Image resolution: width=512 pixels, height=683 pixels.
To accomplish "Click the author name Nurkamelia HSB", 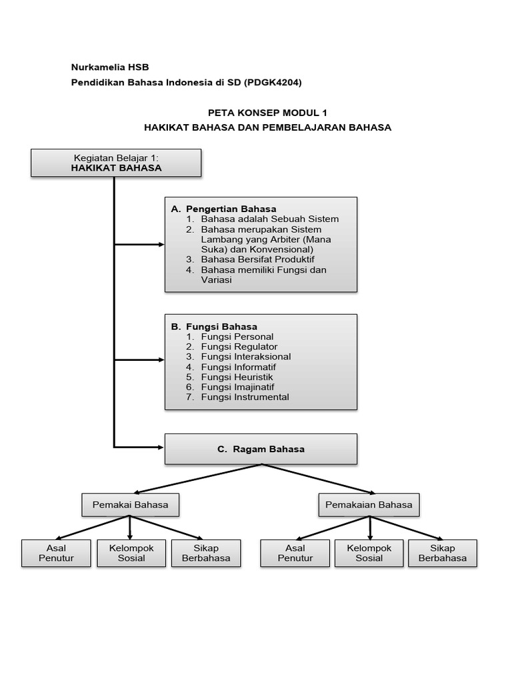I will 110,67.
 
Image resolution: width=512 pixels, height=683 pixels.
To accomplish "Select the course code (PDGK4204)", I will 273,82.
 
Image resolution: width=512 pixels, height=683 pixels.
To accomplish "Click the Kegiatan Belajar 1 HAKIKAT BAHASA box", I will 117,163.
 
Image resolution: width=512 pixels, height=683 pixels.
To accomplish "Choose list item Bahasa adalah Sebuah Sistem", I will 270,219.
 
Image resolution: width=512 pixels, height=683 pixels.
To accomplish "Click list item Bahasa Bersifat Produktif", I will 258,259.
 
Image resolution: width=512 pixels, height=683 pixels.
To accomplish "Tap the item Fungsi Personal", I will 237,337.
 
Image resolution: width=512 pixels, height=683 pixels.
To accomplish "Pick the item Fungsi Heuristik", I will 237,377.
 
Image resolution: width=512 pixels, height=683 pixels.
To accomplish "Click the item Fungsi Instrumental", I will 245,397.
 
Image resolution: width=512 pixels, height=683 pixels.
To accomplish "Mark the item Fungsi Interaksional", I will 246,357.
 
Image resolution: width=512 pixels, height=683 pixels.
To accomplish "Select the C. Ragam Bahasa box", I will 261,449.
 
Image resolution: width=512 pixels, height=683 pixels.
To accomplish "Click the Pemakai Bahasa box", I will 130,505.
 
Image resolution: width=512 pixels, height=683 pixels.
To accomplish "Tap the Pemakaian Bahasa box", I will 369,505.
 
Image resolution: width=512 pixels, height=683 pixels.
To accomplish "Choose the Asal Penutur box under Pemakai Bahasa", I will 56,553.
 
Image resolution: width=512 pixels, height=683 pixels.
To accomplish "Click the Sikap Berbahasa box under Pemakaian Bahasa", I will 443,553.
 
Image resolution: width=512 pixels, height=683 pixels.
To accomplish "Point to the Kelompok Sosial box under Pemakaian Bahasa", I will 369,553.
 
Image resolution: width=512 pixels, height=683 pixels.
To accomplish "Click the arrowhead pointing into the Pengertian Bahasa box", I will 161,245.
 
